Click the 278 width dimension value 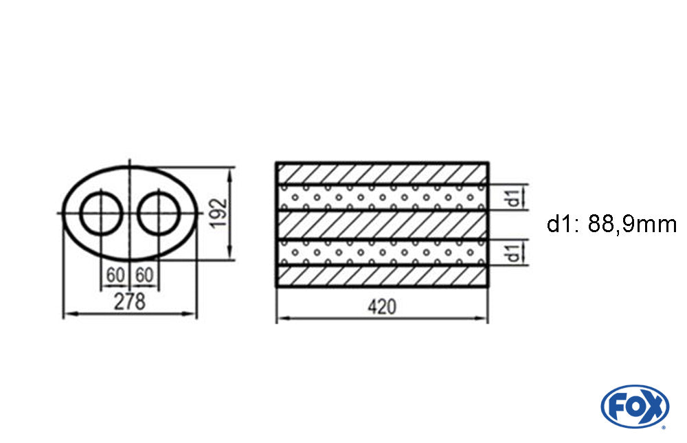point(130,302)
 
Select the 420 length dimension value point(382,307)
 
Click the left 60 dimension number point(115,275)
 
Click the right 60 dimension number point(144,275)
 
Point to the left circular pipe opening point(102,213)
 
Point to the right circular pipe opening point(158,213)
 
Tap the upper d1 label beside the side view point(512,197)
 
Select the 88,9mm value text point(633,224)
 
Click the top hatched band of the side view point(382,173)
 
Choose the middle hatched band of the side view point(382,225)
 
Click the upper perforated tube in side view point(382,197)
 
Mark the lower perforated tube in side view point(382,251)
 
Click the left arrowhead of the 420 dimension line point(280,319)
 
